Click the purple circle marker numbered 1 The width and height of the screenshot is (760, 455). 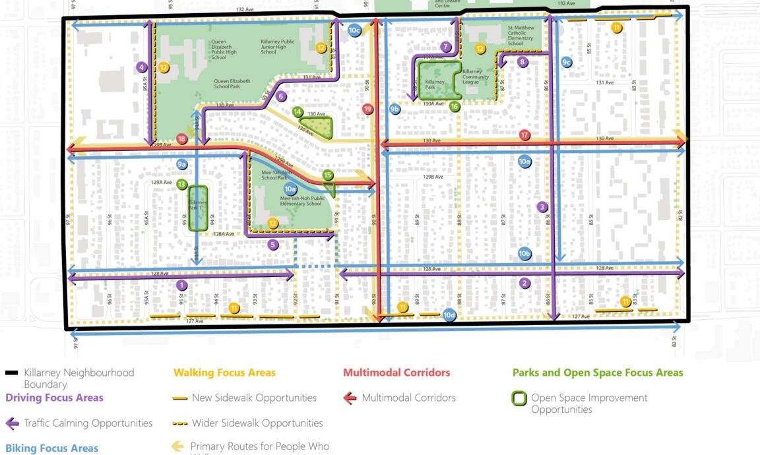(182, 285)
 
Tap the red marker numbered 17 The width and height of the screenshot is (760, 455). (524, 135)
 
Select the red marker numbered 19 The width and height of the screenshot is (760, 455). (368, 109)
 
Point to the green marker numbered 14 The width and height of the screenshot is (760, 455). (298, 113)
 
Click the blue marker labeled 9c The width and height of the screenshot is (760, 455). (566, 62)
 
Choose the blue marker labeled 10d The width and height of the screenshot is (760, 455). (449, 315)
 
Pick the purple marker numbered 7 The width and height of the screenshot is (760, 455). (447, 47)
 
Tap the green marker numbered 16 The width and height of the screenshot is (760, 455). (455, 106)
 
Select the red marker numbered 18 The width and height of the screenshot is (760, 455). (181, 139)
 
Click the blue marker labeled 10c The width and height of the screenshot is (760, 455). (354, 30)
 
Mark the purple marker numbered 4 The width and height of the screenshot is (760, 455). (142, 67)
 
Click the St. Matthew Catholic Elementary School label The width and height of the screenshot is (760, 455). (524, 36)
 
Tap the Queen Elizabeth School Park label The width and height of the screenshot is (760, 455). (232, 81)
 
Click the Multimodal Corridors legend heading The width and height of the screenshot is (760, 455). (396, 373)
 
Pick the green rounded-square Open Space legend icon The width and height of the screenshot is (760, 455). (520, 398)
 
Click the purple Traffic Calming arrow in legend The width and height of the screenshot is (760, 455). (13, 423)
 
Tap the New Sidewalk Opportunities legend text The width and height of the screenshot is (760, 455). (254, 398)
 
